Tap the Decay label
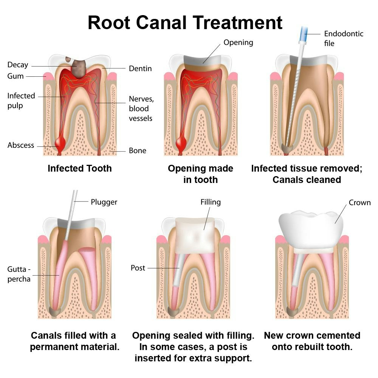(18, 65)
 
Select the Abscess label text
(21, 145)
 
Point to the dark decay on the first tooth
(77, 67)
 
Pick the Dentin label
(140, 68)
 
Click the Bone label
(138, 150)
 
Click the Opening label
(238, 42)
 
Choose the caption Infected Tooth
(79, 168)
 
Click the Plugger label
(104, 202)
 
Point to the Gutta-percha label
(19, 274)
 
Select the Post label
(138, 268)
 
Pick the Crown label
(359, 203)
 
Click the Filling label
(211, 202)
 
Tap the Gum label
(15, 76)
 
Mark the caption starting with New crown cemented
(312, 341)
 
